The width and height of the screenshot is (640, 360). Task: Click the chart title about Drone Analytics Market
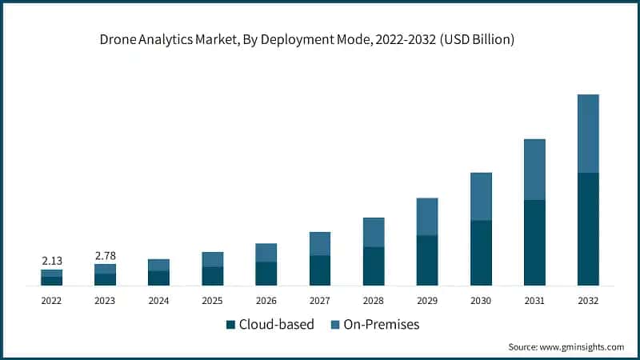(x=320, y=40)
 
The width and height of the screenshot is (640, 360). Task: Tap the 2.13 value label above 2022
(x=51, y=260)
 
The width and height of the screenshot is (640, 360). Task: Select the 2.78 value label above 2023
(x=105, y=255)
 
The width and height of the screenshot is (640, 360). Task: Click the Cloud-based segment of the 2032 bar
(x=588, y=229)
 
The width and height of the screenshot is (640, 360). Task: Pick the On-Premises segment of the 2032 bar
(x=588, y=134)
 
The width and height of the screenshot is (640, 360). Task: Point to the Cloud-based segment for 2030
(x=481, y=253)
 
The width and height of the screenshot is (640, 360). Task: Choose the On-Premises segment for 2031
(x=534, y=170)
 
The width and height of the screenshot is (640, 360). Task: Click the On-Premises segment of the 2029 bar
(x=427, y=217)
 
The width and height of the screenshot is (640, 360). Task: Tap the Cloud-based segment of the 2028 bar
(x=374, y=266)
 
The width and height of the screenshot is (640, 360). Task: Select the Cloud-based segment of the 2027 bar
(x=320, y=270)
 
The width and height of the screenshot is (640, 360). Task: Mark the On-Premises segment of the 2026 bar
(x=266, y=253)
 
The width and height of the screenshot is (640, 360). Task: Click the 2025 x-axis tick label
(x=213, y=301)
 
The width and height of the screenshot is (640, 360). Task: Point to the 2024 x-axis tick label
(x=158, y=301)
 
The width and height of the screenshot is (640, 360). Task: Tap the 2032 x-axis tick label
(x=588, y=301)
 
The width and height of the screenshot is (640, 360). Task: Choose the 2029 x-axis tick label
(x=427, y=301)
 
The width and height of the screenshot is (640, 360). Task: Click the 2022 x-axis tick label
(x=51, y=301)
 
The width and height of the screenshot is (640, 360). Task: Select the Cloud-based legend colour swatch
(x=231, y=325)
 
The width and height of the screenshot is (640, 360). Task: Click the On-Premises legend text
(x=381, y=325)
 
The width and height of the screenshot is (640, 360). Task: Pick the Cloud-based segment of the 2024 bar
(x=158, y=278)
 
